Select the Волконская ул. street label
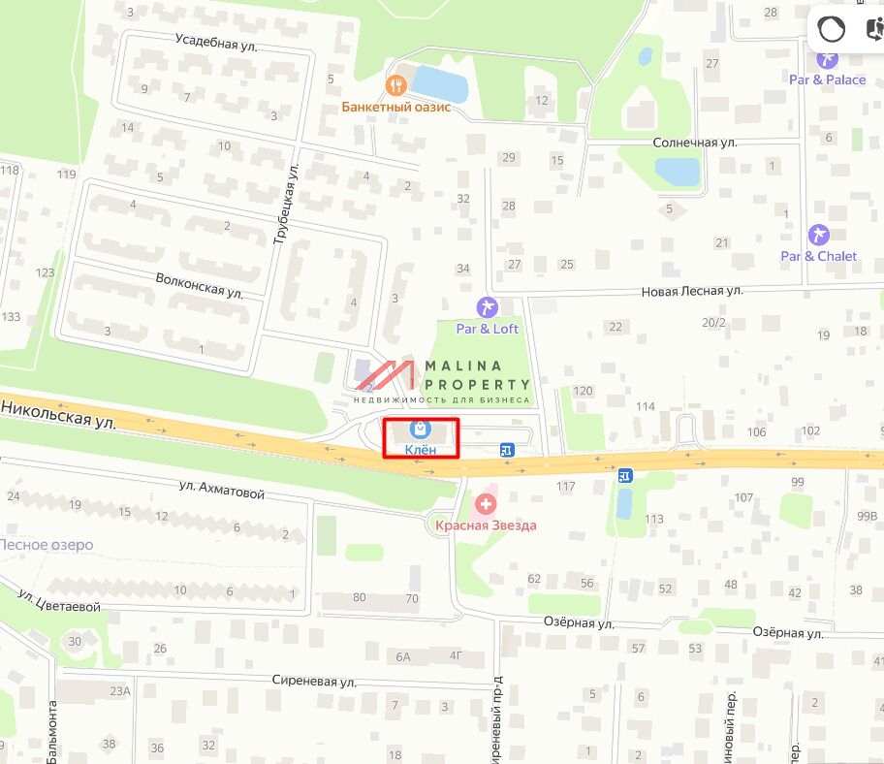point(200,284)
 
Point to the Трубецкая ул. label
point(283,203)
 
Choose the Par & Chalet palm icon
point(818,235)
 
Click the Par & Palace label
point(827,80)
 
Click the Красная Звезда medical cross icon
point(485,503)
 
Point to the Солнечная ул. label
point(694,143)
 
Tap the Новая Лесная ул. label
point(691,290)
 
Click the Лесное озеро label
point(47,545)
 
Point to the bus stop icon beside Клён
point(506,449)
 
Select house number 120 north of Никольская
point(582,391)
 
